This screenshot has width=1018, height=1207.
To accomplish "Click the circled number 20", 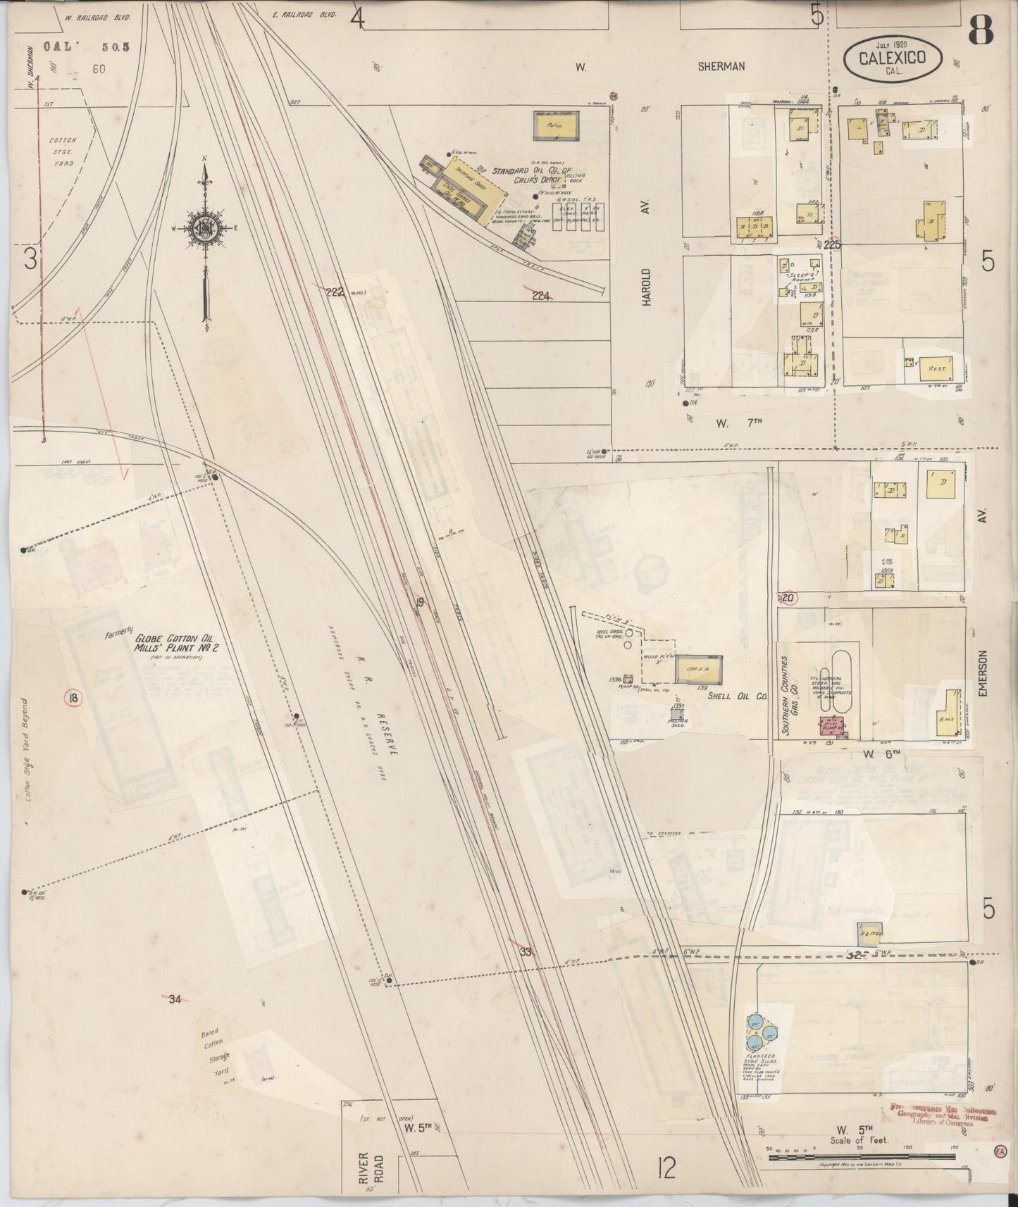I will coord(788,599).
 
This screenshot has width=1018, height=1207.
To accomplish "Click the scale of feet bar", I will coord(859,1157).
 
